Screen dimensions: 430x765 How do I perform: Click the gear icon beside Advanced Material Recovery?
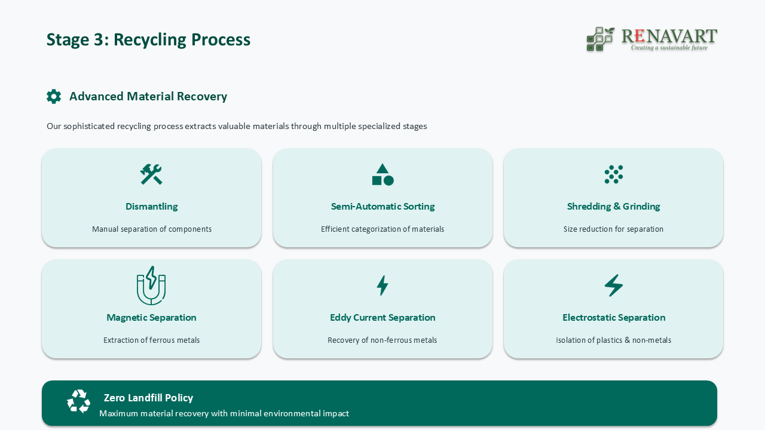pos(54,97)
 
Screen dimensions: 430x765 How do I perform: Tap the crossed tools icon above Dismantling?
pos(151,174)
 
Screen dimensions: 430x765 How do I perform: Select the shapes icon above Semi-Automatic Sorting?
pos(382,174)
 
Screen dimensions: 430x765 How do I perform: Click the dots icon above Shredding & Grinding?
pos(614,174)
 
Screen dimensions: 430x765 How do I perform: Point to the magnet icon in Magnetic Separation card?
pos(151,285)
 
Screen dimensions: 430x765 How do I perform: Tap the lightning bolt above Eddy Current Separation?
pos(382,285)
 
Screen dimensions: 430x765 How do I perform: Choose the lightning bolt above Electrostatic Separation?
pos(614,285)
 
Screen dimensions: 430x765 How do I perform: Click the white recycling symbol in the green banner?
pos(78,401)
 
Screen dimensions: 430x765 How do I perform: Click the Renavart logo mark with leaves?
pos(600,39)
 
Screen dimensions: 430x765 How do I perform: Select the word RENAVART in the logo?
pos(669,36)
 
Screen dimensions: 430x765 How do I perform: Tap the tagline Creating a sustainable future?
pos(669,48)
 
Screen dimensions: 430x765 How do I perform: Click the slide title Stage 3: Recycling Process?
pos(148,39)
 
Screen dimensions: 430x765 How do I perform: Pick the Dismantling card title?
pos(152,207)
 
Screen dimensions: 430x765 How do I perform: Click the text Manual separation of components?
pos(152,229)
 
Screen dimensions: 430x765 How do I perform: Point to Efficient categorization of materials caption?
pos(382,229)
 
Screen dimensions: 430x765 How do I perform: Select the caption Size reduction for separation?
pos(613,229)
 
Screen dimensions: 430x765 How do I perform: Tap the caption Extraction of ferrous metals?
pos(152,340)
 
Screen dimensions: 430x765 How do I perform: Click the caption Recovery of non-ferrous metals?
pos(382,340)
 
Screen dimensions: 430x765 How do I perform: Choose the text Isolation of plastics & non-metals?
pos(613,340)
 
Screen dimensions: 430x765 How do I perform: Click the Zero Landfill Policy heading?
pos(148,398)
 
